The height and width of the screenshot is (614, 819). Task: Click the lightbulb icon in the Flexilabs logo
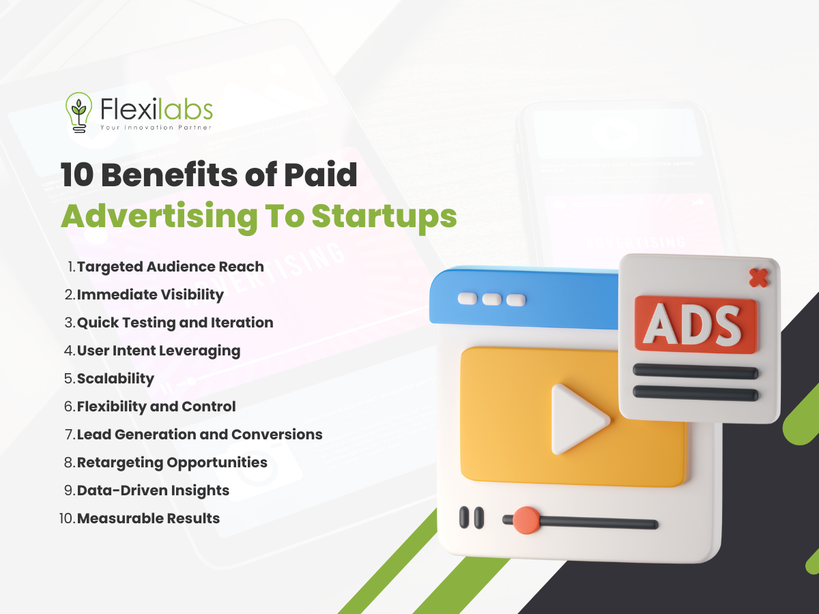tap(78, 112)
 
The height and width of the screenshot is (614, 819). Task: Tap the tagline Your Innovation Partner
tap(156, 128)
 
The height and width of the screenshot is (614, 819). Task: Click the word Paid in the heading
tap(321, 175)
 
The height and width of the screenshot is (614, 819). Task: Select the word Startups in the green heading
tap(384, 218)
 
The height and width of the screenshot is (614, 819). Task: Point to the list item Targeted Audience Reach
tap(171, 267)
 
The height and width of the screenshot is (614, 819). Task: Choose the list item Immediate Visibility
tap(150, 295)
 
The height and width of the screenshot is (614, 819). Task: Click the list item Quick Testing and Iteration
tap(175, 323)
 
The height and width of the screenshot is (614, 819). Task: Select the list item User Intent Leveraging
tap(158, 351)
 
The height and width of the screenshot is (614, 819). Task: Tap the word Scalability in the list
tap(115, 379)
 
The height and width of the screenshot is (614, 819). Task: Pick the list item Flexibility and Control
tap(156, 407)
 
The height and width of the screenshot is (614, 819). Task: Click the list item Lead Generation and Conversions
tap(199, 435)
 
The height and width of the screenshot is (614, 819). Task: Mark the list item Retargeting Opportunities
tap(172, 463)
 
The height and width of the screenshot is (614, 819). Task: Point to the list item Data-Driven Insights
tap(153, 491)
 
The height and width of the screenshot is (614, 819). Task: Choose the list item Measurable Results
tap(148, 518)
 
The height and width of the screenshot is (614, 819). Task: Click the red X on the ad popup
tap(759, 278)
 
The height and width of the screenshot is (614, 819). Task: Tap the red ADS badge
tap(695, 325)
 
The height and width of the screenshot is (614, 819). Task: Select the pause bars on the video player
tap(471, 517)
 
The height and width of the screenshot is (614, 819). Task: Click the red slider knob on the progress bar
tap(526, 521)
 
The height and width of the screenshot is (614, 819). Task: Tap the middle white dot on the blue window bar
tap(492, 299)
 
